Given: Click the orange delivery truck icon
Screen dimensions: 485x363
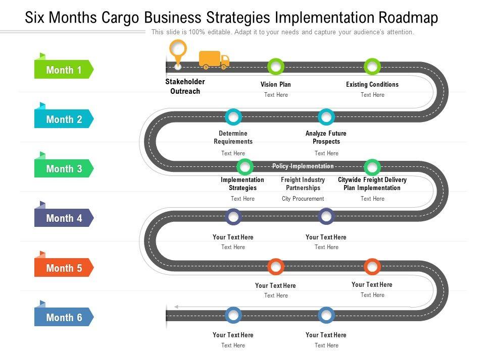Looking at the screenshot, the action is [214, 59].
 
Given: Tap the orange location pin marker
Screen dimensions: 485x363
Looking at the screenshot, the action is [177, 51].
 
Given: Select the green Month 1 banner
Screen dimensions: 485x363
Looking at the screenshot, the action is [64, 70].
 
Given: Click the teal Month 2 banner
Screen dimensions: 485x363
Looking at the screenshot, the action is [64, 119].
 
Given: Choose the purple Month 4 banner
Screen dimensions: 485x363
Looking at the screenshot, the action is [64, 218].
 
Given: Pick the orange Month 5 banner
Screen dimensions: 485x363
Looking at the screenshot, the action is [64, 268].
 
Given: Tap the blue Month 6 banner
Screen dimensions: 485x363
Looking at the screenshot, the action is [64, 317].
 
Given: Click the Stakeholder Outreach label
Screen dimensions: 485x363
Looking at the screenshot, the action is [185, 86].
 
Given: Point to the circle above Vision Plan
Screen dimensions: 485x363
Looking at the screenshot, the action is [275, 66].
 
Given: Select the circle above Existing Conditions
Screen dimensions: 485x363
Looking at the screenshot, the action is [372, 66].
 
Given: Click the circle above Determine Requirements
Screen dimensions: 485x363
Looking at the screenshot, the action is [233, 117].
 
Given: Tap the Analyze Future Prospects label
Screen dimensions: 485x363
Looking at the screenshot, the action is [326, 137].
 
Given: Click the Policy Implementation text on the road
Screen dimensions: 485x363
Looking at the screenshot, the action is [303, 166].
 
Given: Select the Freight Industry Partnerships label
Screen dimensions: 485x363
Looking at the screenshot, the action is [303, 184].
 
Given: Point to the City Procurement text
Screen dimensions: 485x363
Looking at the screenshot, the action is [303, 199].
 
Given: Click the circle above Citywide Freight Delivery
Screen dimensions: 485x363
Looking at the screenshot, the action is [372, 166].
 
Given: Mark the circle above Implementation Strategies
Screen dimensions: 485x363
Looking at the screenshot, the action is [245, 166].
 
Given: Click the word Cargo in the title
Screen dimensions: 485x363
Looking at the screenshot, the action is [113, 18].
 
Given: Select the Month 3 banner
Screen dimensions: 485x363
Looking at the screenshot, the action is [64, 169].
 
